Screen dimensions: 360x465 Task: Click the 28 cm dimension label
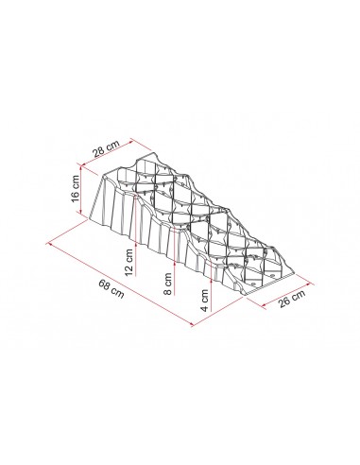click(107, 148)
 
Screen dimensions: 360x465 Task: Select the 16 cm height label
click(76, 189)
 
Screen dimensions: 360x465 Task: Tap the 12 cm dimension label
click(129, 262)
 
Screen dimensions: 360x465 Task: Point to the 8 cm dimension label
click(169, 284)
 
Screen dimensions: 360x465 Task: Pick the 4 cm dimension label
click(205, 301)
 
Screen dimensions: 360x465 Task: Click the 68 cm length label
click(111, 289)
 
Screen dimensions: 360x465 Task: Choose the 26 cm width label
click(292, 298)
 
